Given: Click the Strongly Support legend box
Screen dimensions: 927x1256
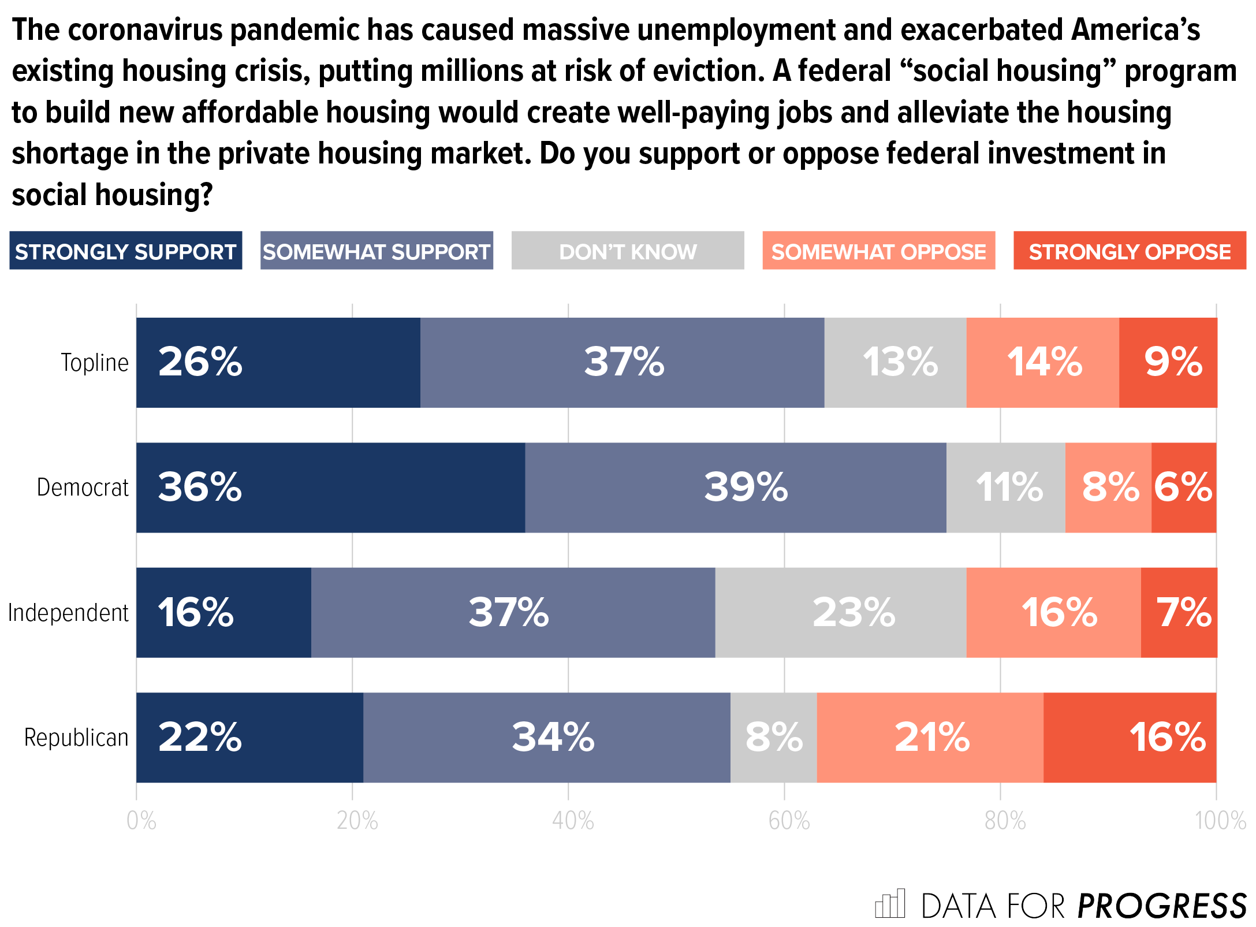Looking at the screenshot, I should (125, 251).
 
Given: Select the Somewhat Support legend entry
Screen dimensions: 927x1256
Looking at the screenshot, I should (377, 251).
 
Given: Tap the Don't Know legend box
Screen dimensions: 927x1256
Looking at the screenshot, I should (628, 251).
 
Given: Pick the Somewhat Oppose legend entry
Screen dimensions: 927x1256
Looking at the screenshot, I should (878, 251).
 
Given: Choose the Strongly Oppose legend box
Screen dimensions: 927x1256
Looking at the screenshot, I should (1130, 251).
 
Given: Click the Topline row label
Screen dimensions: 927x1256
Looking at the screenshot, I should (95, 363).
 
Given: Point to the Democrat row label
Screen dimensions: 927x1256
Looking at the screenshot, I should (83, 487).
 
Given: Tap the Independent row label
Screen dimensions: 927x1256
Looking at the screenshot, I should (68, 612).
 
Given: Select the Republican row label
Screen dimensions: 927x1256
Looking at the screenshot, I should (76, 738).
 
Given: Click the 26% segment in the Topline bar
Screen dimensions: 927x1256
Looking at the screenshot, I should (278, 363).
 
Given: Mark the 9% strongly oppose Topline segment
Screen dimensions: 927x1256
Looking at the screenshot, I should (1168, 363).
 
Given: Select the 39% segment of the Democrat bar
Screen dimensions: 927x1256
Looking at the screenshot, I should (735, 487).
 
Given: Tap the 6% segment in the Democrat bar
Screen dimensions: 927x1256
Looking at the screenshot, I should (1183, 487).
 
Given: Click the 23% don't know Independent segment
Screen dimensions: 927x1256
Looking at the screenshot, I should (840, 612).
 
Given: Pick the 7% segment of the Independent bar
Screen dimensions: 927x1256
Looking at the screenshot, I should (1179, 612).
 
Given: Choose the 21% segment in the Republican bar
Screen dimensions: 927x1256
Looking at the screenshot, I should (930, 738).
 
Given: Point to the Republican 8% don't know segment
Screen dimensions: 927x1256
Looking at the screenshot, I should (773, 738).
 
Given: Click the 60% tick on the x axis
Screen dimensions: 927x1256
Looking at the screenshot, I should (789, 821).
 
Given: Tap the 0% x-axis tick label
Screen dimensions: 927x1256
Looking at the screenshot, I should (141, 821).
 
